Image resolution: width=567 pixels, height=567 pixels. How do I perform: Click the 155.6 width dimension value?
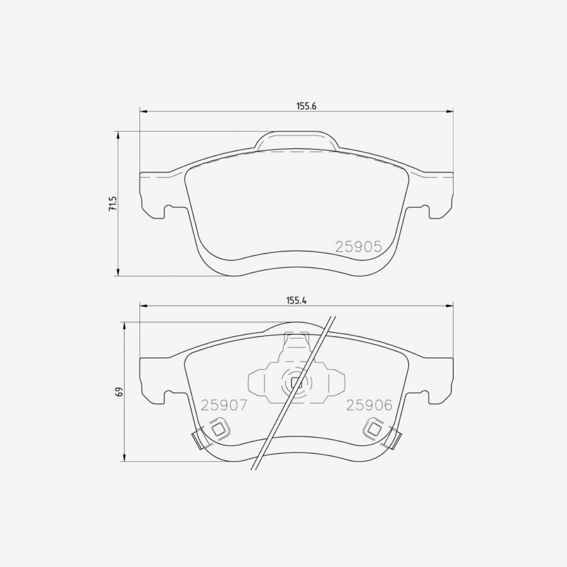[x=306, y=106]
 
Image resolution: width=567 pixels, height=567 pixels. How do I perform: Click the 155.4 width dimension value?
[x=297, y=301]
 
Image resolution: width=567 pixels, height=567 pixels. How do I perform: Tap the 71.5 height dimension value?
[x=113, y=203]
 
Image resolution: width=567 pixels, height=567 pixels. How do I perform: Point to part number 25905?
[x=359, y=247]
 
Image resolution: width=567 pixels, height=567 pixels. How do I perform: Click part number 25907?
[x=223, y=405]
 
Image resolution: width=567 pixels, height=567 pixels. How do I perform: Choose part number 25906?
[x=369, y=405]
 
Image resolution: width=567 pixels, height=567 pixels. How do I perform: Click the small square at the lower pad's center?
[x=296, y=383]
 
